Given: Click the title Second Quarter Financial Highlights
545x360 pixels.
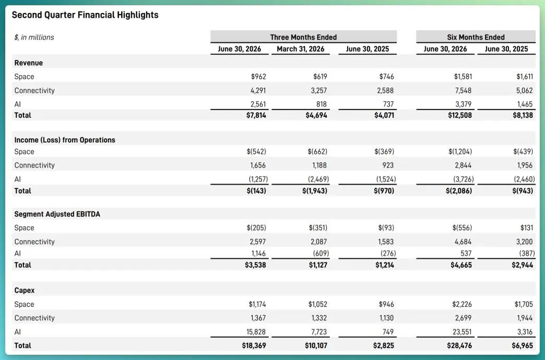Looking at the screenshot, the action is coord(85,15).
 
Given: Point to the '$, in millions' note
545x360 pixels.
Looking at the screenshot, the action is coord(34,37).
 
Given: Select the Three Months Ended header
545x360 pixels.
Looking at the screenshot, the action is coord(304,37).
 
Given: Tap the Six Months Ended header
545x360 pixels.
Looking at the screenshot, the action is coord(476,37).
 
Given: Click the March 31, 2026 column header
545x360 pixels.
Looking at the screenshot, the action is coord(301,49).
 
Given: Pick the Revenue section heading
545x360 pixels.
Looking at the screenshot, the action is coord(28,63).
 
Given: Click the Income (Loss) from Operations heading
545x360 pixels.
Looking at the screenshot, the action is coord(65,140).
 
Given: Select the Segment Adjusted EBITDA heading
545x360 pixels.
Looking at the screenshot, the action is coord(57,214).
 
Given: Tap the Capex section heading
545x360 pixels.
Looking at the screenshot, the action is coord(25,290).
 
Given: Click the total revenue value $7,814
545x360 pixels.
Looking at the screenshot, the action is coord(256,115).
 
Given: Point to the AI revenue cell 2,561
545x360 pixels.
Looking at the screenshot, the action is coord(258,104).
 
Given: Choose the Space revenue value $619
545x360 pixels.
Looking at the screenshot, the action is coord(320,76).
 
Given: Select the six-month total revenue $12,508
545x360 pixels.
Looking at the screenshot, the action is coord(460,115).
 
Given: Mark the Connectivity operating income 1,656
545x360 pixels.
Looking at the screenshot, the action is coord(258,166).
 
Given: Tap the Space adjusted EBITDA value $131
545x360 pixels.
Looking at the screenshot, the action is coord(526,228).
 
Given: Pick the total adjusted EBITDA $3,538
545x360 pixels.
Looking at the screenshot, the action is coord(256,265).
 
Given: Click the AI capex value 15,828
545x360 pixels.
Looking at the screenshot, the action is coord(256,332).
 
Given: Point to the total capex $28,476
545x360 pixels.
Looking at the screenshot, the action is coord(460,346).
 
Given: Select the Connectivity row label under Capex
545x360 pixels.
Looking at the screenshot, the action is coord(34,318).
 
